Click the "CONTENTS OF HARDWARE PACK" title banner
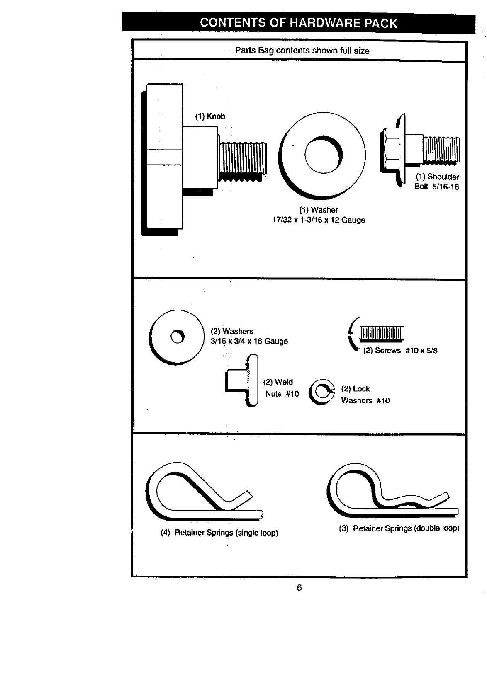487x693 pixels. (x=299, y=23)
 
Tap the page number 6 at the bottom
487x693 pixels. (x=299, y=587)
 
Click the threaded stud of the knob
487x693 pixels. (x=243, y=160)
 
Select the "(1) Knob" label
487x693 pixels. (x=210, y=116)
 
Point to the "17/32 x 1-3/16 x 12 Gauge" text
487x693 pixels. (x=318, y=220)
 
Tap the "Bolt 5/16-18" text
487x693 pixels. (x=437, y=187)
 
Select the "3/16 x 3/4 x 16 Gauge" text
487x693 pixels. (x=249, y=342)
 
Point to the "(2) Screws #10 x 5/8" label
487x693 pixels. (x=400, y=351)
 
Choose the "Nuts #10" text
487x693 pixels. (x=282, y=394)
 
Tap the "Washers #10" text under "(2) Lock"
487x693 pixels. (x=365, y=401)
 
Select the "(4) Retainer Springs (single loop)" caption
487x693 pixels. (x=219, y=533)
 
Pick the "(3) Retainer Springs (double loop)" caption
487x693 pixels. (x=399, y=528)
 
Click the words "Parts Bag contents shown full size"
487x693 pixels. (x=302, y=51)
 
